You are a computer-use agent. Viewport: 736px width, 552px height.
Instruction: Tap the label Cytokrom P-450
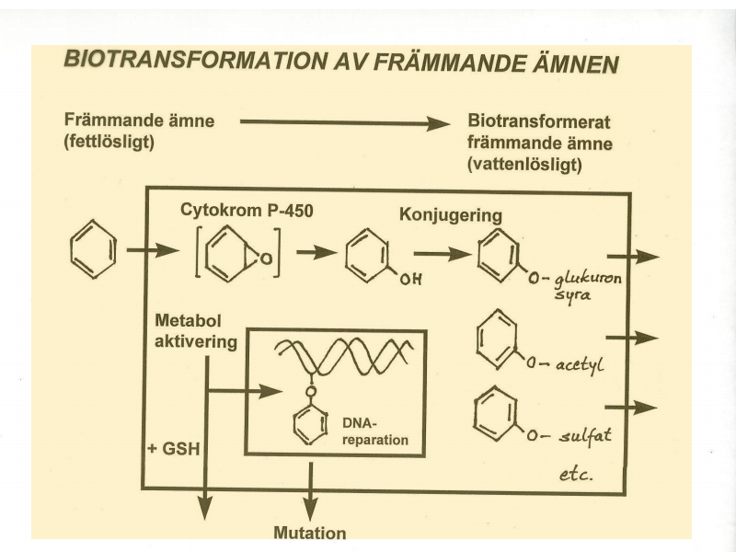tap(246, 210)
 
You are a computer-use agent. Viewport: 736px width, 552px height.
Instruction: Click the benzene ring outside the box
tap(94, 250)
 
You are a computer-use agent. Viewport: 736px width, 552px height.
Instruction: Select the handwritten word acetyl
tap(578, 365)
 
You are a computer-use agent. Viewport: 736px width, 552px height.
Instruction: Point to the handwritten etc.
tap(576, 475)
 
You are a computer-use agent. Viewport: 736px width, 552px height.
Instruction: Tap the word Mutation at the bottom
tap(310, 533)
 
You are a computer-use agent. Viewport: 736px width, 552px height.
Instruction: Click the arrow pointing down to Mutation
tap(310, 489)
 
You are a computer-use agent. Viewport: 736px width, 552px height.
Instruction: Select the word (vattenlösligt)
tap(527, 165)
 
